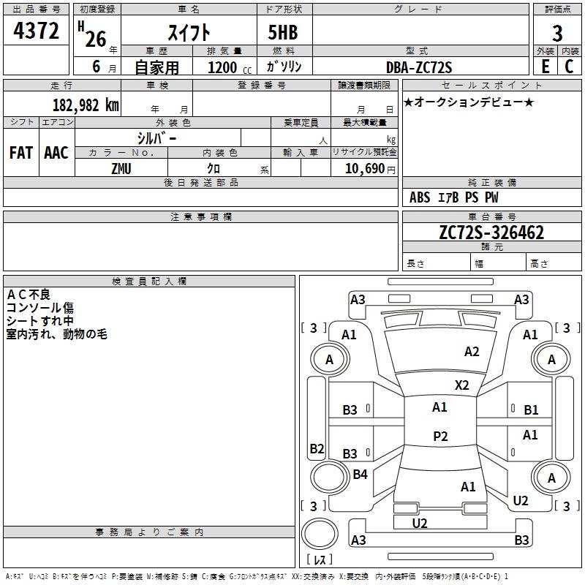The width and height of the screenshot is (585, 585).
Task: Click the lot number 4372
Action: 37,31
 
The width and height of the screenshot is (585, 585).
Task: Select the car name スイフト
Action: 189,32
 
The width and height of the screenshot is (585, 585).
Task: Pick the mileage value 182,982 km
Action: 86,105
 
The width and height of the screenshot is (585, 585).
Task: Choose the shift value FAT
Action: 20,153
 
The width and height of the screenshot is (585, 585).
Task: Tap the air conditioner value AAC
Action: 56,153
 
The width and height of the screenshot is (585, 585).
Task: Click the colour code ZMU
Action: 121,168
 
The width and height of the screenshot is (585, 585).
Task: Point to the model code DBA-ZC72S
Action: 419,67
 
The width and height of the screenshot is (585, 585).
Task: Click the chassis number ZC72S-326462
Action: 491,233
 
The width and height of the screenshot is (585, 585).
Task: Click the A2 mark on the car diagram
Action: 472,352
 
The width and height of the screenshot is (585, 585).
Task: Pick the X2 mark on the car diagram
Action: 461,385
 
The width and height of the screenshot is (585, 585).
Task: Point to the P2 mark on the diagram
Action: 440,436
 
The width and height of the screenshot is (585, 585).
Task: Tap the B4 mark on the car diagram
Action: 360,475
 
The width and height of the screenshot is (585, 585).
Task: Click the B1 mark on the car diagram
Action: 531,410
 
